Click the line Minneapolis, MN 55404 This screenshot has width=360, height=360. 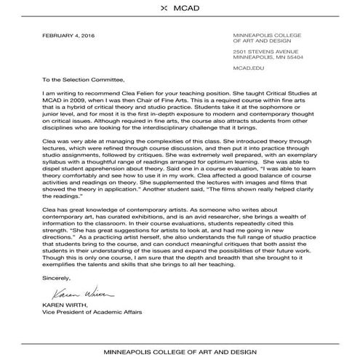coord(268,59)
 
